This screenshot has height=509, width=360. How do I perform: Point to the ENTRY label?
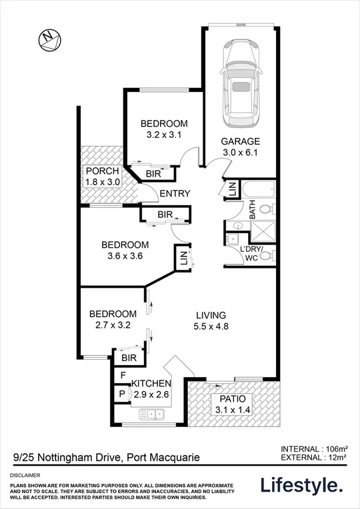point(175,194)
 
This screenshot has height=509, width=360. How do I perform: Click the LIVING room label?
point(211,315)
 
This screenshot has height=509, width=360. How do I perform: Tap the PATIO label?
point(231,399)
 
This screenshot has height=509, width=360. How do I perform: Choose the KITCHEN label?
point(151,384)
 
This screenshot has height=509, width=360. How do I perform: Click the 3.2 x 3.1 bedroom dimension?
point(164,135)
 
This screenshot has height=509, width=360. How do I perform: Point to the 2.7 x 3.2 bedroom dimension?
point(113,325)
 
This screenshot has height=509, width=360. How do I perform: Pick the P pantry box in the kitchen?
point(122,394)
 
